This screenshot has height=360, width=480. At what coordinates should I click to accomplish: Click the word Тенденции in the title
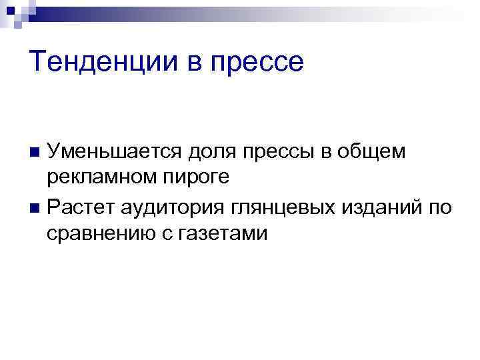pos(105,63)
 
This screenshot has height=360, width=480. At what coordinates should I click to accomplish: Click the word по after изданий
pos(439,207)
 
